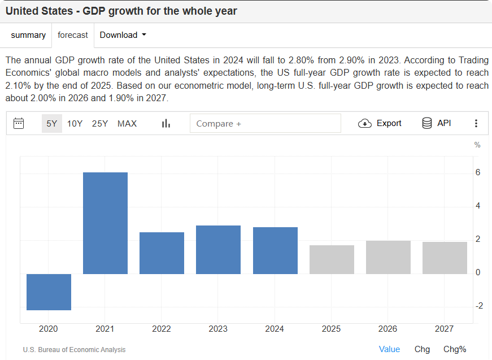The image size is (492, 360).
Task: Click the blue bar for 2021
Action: click(x=105, y=223)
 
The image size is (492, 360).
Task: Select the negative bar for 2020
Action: click(x=49, y=292)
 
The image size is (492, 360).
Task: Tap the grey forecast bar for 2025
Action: click(x=332, y=259)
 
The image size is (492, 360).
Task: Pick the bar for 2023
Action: click(x=218, y=249)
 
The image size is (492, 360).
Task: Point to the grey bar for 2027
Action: click(x=445, y=258)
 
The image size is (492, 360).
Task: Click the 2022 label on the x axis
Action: click(x=162, y=329)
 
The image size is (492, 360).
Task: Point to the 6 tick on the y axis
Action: click(x=478, y=172)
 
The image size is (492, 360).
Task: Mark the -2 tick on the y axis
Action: click(x=479, y=306)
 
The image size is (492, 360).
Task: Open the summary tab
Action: click(x=28, y=35)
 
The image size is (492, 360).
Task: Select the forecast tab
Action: click(x=73, y=35)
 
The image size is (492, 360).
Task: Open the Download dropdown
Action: click(x=123, y=35)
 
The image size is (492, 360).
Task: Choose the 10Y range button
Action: click(x=75, y=123)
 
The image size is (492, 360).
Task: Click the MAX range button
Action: click(x=127, y=123)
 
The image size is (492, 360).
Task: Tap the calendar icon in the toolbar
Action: click(x=19, y=123)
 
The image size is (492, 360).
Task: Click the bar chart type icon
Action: click(x=166, y=123)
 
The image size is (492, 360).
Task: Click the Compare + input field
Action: click(x=265, y=123)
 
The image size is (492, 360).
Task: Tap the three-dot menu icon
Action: click(x=476, y=123)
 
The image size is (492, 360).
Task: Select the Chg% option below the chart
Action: click(x=455, y=349)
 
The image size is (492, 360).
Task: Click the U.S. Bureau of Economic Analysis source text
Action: click(x=75, y=350)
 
